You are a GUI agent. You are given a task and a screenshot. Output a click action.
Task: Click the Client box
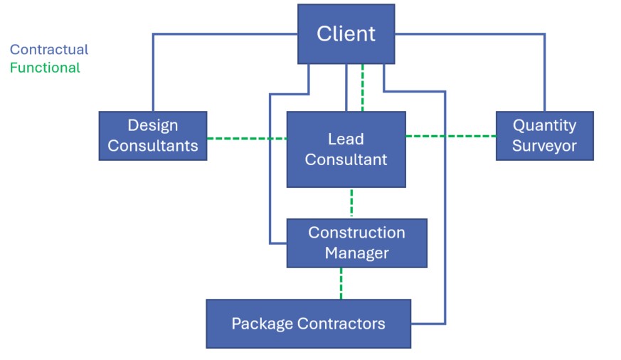tap(346, 33)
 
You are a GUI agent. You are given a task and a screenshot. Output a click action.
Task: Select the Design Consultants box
tap(153, 135)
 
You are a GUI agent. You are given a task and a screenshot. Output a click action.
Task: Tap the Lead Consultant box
tap(346, 149)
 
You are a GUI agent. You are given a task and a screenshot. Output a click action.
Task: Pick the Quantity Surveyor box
tap(544, 135)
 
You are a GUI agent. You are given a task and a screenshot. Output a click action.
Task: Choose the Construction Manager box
tap(356, 243)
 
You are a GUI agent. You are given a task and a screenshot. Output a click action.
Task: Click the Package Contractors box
tap(308, 324)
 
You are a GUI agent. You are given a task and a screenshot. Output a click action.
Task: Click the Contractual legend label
tap(49, 50)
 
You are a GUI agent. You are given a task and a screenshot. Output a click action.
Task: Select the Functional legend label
tap(45, 68)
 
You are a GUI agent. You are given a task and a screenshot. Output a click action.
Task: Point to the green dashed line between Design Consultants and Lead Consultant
tap(247, 138)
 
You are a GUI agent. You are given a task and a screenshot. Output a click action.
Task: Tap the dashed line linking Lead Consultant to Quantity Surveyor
tap(450, 136)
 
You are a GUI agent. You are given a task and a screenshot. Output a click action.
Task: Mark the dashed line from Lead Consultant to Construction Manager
tap(351, 203)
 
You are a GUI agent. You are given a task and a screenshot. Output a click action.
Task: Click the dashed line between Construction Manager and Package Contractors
tap(341, 283)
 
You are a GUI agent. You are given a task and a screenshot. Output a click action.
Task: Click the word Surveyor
tap(544, 147)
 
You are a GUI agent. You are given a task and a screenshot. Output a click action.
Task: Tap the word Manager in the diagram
tap(357, 253)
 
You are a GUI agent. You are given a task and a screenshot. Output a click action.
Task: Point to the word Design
tap(153, 125)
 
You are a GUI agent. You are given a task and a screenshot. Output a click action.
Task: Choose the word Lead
tap(346, 139)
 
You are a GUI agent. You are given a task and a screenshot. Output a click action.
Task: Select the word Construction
tap(356, 233)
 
